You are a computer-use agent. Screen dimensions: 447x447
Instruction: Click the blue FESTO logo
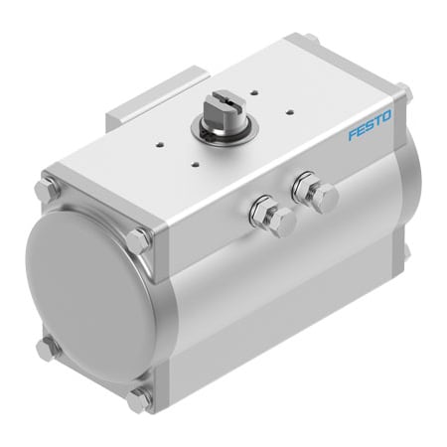370,125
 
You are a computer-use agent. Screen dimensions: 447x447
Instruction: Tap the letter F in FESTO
353,134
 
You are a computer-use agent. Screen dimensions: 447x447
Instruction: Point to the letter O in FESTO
385,116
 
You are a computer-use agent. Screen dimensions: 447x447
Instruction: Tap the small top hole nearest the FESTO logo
290,111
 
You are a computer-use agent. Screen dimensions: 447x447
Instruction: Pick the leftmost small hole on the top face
160,144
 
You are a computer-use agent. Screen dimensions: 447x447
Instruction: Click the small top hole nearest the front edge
196,164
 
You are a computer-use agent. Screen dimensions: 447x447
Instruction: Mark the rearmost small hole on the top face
254,92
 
